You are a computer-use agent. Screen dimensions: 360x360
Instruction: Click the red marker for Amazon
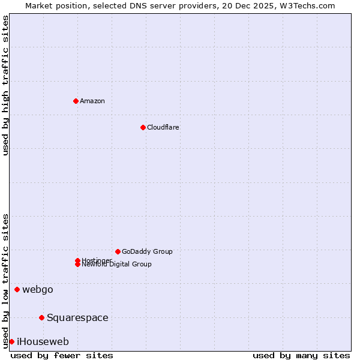(x=76, y=101)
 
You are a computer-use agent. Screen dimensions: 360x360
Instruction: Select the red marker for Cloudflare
(x=143, y=127)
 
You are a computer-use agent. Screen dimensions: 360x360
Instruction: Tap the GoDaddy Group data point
(x=118, y=251)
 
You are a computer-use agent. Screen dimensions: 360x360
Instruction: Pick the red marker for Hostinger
(x=77, y=260)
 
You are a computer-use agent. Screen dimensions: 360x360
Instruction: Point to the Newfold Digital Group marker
(x=77, y=265)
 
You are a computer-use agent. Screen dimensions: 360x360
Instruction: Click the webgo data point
(x=17, y=290)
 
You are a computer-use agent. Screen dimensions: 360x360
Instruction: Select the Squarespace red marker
(x=41, y=317)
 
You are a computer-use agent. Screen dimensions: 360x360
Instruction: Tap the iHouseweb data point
(x=11, y=341)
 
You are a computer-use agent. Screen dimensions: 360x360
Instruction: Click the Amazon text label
(x=92, y=101)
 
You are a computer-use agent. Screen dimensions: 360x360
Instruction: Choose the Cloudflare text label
(x=163, y=127)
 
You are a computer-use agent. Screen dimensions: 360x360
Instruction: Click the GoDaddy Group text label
(x=147, y=251)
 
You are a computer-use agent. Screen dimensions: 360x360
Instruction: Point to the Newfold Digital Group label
(x=117, y=265)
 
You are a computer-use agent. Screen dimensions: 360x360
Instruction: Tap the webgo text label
(x=38, y=290)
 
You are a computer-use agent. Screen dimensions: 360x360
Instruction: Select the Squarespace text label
(x=77, y=317)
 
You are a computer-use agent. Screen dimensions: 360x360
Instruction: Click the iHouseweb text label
(x=43, y=341)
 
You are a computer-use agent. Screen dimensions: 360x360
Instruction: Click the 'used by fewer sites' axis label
(x=62, y=355)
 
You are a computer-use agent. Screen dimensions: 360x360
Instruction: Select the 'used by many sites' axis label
(x=301, y=355)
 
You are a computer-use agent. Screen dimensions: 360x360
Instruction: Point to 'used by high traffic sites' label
(x=5, y=85)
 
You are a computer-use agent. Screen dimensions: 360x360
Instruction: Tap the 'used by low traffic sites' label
(x=5, y=281)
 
